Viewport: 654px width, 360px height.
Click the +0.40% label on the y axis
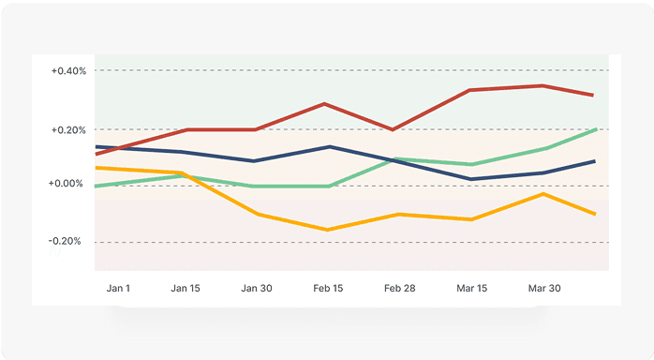point(68,71)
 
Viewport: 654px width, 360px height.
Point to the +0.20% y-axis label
point(68,129)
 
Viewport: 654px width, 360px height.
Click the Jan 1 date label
point(118,288)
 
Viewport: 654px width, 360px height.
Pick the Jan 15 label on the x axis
point(186,288)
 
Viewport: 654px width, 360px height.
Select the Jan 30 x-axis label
point(256,288)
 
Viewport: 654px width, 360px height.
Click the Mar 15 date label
point(470,288)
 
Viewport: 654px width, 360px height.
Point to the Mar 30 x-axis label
point(543,288)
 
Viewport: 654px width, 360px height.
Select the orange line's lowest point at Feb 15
point(326,230)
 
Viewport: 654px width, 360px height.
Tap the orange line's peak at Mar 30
point(543,193)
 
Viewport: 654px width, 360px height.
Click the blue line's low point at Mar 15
point(470,179)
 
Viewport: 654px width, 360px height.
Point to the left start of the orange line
point(97,168)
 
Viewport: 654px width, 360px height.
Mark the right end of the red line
point(592,95)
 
